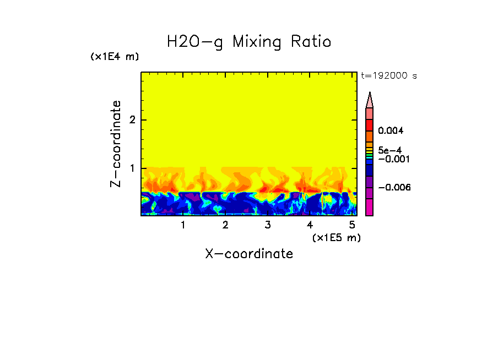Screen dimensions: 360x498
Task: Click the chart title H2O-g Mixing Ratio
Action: point(249,42)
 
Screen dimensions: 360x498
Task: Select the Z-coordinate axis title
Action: point(116,144)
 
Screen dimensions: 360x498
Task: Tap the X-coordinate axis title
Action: point(249,254)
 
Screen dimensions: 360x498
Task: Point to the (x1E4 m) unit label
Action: point(115,57)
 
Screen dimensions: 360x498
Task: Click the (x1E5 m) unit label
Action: point(336,237)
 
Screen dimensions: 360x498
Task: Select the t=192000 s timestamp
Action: point(389,76)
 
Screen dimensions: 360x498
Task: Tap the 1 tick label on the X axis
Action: point(183,225)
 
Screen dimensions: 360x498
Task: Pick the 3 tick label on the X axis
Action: point(268,225)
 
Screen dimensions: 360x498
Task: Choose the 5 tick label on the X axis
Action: point(352,225)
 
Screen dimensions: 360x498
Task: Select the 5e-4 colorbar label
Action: point(389,150)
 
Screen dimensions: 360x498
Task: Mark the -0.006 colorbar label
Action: point(394,188)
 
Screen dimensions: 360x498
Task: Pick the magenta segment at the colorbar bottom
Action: point(370,208)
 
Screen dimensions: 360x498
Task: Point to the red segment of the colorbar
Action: point(370,124)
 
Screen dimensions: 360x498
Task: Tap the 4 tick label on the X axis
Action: point(310,225)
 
